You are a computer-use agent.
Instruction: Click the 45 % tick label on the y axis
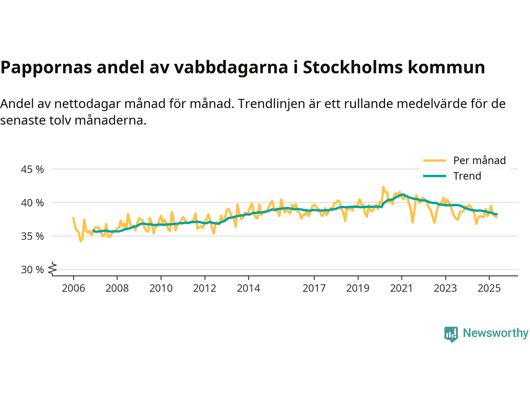32,169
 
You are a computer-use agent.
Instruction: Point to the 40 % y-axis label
32,203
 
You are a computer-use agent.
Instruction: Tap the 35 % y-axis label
32,236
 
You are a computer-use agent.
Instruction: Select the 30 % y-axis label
32,269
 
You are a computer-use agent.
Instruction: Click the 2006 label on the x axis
73,288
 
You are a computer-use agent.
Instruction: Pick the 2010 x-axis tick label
161,288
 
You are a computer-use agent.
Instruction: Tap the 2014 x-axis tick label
248,288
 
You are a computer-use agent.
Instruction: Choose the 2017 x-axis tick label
314,288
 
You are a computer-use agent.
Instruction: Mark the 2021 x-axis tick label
401,288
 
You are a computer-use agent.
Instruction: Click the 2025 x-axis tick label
489,288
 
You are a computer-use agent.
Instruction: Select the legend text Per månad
479,160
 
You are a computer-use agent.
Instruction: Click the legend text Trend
467,176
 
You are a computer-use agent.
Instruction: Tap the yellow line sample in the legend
434,160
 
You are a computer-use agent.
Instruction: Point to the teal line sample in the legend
434,176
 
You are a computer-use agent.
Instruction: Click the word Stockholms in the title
352,67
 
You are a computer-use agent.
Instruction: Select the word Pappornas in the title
46,67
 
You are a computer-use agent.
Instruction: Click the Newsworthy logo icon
451,334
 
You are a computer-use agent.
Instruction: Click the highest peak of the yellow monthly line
383,187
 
